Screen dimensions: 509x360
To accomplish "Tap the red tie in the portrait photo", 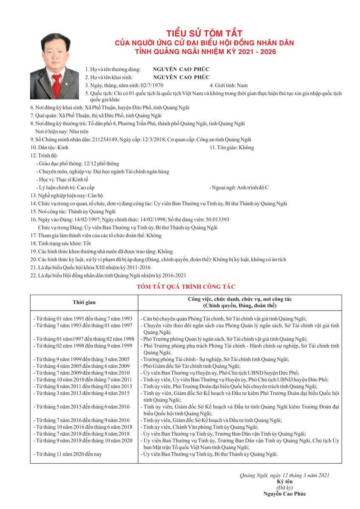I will pyautogui.click(x=56, y=82).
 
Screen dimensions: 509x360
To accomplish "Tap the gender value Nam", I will pyautogui.click(x=242, y=85).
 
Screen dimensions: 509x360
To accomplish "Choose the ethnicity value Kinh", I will pyautogui.click(x=62, y=148).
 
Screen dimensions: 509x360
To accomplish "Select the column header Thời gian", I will pyautogui.click(x=84, y=302).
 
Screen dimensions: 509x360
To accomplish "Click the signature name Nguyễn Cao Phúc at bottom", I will pyautogui.click(x=284, y=493).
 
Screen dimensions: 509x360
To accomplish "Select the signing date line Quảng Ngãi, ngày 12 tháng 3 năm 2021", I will pyautogui.click(x=284, y=475).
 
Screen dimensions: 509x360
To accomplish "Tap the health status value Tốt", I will pyautogui.click(x=87, y=243).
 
